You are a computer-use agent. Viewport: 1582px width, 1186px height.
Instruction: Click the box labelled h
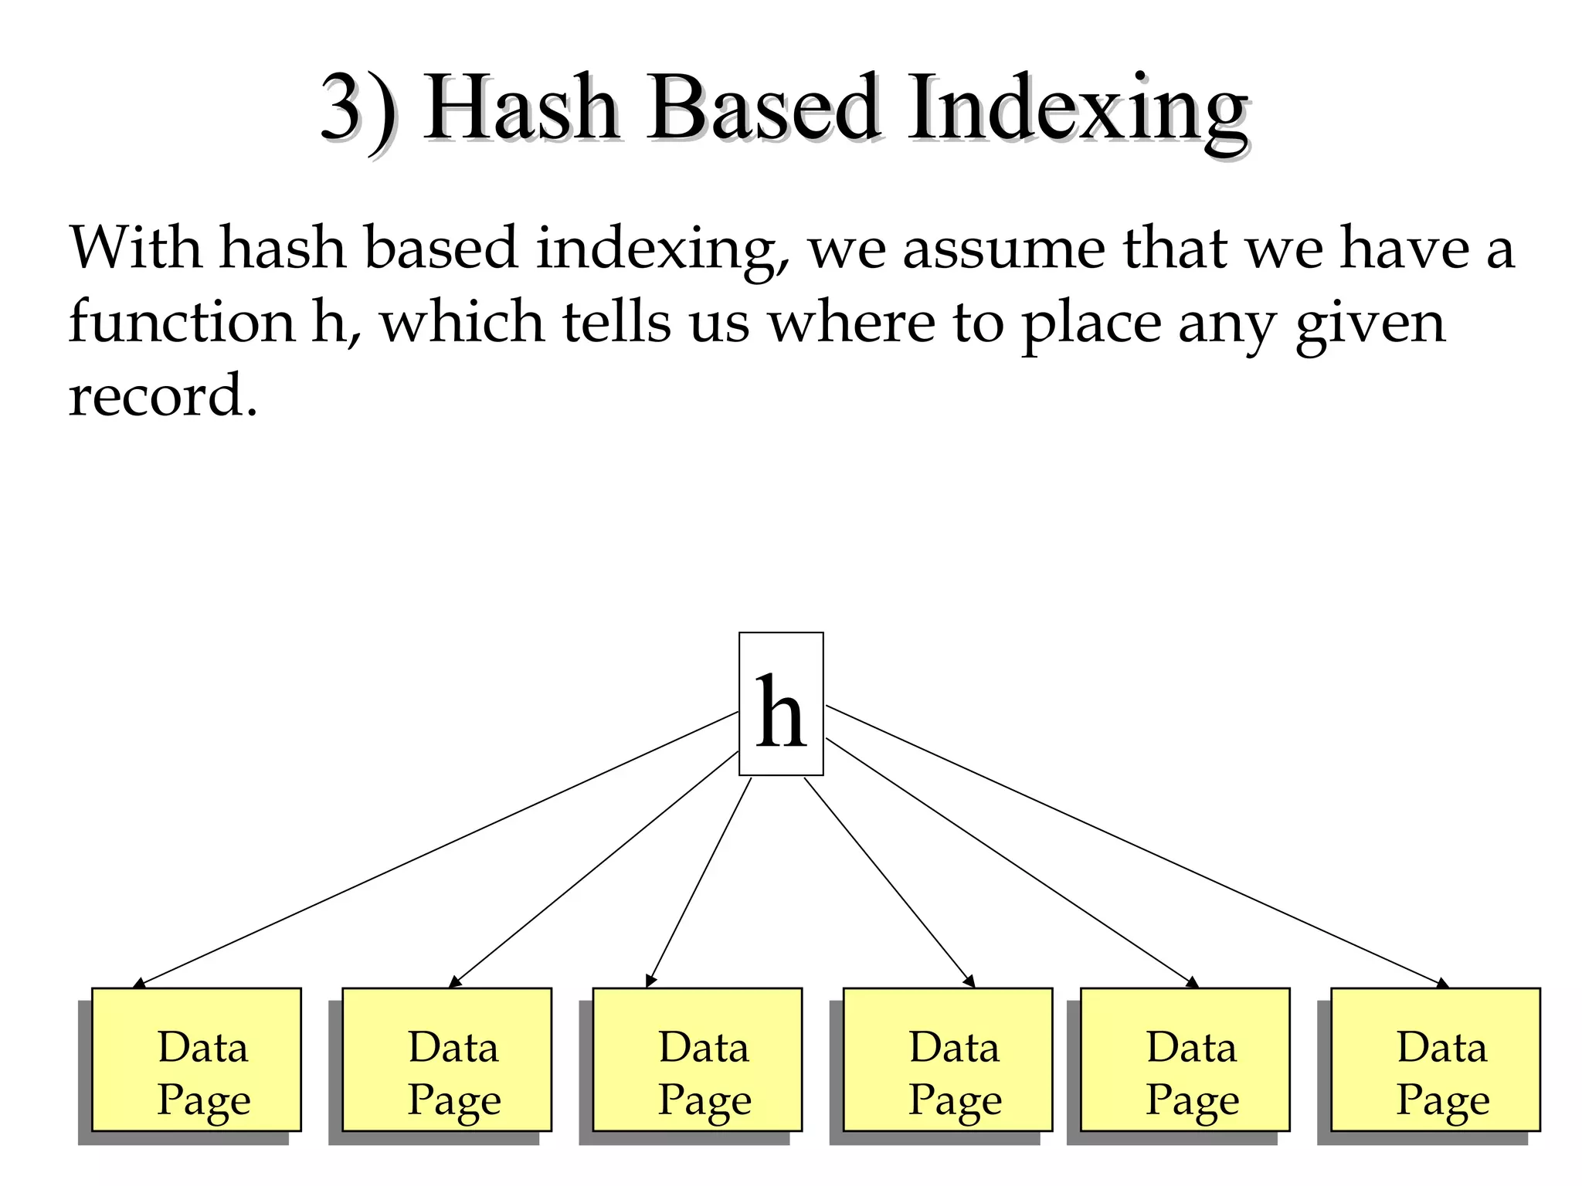(781, 703)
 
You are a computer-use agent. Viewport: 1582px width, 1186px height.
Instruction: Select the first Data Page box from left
(196, 1059)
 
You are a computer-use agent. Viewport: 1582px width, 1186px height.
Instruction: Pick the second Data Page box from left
(446, 1059)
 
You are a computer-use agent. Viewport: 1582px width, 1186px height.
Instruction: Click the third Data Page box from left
(697, 1059)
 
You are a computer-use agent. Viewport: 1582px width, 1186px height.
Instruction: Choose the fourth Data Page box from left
(947, 1059)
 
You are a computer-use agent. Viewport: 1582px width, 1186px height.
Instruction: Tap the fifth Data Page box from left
(1185, 1059)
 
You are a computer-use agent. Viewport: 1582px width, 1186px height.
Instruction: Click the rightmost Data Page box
(1435, 1059)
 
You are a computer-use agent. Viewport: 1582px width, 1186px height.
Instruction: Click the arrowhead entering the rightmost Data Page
(1442, 984)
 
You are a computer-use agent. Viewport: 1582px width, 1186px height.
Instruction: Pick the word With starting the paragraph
(135, 249)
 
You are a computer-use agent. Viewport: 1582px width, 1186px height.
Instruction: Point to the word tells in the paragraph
(616, 323)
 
